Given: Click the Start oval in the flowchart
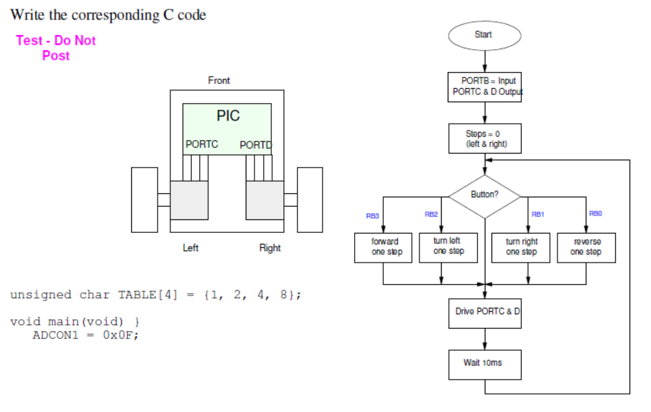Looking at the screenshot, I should [484, 35].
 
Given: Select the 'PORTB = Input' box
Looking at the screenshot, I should [484, 86].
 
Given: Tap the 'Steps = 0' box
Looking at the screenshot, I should [484, 139].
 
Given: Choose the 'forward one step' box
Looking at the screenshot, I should [383, 247].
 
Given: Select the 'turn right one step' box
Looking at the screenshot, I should [521, 247].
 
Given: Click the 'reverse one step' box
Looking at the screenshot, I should [586, 247].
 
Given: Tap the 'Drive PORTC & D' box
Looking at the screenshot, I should [484, 312].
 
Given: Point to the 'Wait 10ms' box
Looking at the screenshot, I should [484, 364].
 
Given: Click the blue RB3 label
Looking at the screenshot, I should [372, 216].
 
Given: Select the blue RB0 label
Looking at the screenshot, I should [595, 213].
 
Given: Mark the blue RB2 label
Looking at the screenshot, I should [431, 214].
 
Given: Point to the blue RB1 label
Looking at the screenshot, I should [537, 214].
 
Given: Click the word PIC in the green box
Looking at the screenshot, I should [228, 116].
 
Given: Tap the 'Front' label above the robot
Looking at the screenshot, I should [219, 81].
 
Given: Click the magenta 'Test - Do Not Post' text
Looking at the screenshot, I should [56, 48].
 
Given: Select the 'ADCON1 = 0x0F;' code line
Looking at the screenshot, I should [85, 335].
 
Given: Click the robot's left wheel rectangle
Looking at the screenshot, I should [144, 200].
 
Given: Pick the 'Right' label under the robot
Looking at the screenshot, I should [270, 248].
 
